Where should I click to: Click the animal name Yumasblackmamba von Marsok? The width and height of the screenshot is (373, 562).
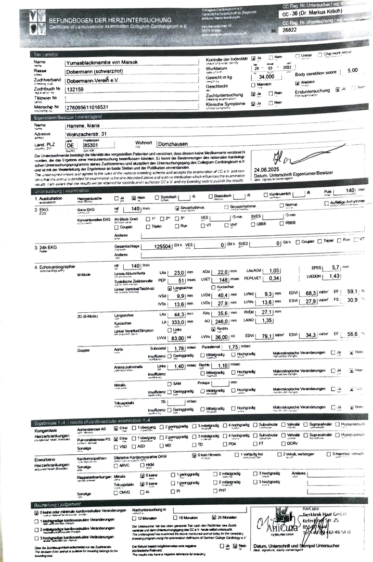[99, 62]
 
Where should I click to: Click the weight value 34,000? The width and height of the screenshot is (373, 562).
[266, 77]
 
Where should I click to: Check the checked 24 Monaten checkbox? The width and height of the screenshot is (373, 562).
[214, 518]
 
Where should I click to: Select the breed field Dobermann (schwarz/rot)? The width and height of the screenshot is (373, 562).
[94, 71]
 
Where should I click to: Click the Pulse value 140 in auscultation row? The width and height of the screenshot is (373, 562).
[349, 191]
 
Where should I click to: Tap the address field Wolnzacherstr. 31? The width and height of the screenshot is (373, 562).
[87, 134]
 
